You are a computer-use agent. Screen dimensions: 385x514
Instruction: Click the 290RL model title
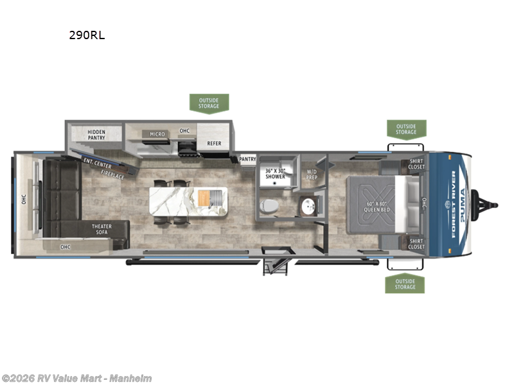(87, 35)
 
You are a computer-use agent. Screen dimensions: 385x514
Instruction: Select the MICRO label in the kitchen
(157, 134)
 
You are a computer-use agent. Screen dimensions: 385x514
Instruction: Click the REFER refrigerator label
(213, 143)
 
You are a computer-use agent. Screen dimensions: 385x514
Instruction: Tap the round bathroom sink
(309, 207)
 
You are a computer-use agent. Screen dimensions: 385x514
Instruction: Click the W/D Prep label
(312, 173)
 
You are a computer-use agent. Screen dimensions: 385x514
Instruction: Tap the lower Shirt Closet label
(416, 243)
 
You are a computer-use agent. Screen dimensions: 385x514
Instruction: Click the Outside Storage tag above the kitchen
(209, 103)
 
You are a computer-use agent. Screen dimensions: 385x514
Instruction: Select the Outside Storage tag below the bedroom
(405, 284)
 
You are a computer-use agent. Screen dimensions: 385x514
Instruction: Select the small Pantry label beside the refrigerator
(247, 158)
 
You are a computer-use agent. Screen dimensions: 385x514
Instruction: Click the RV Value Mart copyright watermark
(76, 378)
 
